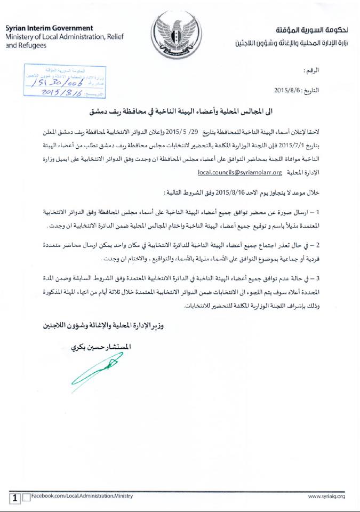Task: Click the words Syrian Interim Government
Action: click(50, 28)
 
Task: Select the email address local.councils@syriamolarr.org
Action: click(239, 173)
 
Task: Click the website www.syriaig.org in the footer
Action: click(327, 497)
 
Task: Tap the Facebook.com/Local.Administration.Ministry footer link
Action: click(82, 497)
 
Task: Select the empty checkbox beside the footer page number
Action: click(26, 498)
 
